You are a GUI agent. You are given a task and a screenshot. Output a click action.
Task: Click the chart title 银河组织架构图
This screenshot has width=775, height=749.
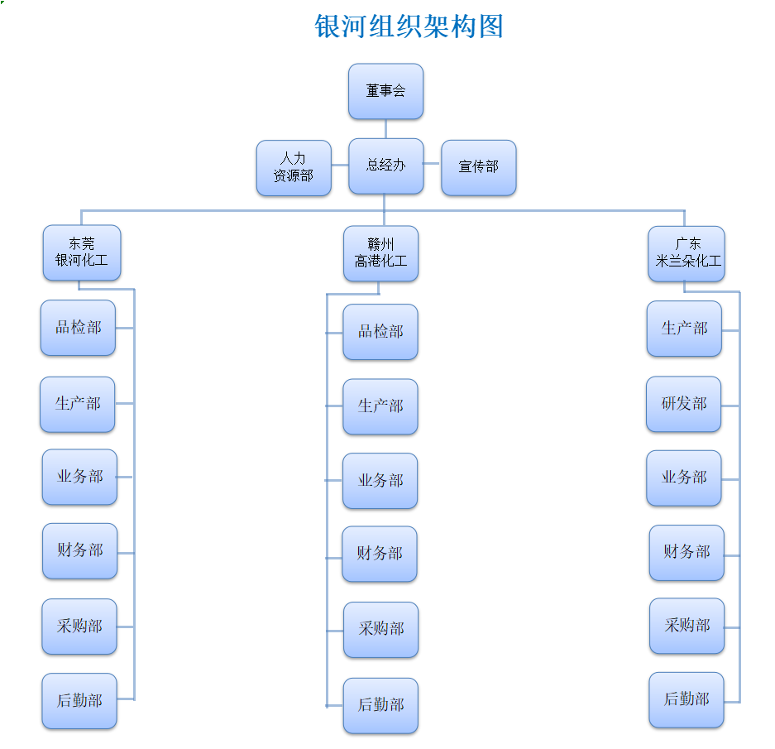(409, 26)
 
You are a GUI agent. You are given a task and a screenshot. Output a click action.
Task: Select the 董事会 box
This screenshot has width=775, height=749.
(385, 91)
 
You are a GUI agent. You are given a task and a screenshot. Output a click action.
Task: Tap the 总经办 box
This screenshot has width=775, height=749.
(385, 166)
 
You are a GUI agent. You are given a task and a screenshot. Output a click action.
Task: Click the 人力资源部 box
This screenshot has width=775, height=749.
(294, 167)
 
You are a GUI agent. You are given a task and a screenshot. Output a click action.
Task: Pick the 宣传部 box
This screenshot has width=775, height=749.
(478, 167)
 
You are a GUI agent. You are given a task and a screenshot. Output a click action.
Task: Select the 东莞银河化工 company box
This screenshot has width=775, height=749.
(81, 252)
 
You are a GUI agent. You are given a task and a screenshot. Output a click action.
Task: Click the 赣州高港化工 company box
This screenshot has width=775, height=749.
(380, 253)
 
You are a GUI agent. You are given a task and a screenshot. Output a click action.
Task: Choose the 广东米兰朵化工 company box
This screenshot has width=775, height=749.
(686, 253)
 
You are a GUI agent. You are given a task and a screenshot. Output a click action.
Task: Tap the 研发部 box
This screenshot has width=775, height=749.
(683, 404)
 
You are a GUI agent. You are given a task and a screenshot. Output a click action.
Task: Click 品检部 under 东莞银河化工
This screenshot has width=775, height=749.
(78, 328)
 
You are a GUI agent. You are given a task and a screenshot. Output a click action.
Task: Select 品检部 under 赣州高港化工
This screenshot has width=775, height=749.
(380, 332)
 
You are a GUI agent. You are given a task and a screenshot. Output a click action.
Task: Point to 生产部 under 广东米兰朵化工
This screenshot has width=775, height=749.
(684, 329)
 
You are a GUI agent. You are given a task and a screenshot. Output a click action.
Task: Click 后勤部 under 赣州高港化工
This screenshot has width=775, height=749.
(380, 705)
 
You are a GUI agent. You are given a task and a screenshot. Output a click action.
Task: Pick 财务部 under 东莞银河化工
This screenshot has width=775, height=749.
(79, 550)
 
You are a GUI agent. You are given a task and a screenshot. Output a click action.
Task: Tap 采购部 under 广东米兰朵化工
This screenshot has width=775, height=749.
(686, 626)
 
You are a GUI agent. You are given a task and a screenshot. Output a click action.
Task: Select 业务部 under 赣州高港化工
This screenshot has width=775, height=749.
(380, 481)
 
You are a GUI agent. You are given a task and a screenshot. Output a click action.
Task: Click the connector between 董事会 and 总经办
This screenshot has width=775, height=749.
(385, 128)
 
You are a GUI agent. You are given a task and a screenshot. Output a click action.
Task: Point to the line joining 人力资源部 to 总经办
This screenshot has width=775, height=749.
(340, 166)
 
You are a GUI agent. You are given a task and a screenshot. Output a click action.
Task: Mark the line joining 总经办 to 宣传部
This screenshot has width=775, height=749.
(432, 165)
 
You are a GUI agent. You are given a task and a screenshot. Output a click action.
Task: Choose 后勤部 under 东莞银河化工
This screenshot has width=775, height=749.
(79, 701)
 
